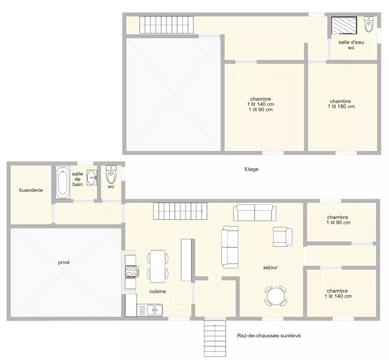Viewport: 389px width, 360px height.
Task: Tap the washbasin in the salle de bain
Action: (92, 177)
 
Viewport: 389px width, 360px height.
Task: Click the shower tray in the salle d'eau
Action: (344, 25)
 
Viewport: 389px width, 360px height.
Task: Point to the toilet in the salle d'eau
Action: (369, 24)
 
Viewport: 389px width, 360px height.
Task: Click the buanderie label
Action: (31, 190)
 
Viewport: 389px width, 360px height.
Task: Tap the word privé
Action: (64, 262)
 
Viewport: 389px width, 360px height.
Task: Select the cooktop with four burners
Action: (132, 271)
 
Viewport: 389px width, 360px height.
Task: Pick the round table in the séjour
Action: (276, 296)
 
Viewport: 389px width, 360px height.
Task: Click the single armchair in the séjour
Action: (282, 237)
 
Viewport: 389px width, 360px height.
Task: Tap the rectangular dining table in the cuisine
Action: (158, 266)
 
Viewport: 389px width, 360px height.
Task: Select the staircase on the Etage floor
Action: (166, 25)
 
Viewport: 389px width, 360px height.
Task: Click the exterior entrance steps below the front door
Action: (215, 339)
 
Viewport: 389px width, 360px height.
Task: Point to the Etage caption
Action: (252, 169)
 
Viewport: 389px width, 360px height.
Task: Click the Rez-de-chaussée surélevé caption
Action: (269, 335)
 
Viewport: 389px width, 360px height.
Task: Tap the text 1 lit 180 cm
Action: (341, 107)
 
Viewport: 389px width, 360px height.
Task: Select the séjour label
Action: (270, 267)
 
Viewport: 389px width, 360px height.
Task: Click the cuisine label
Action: (158, 292)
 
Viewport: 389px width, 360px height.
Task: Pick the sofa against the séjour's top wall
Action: (254, 213)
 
